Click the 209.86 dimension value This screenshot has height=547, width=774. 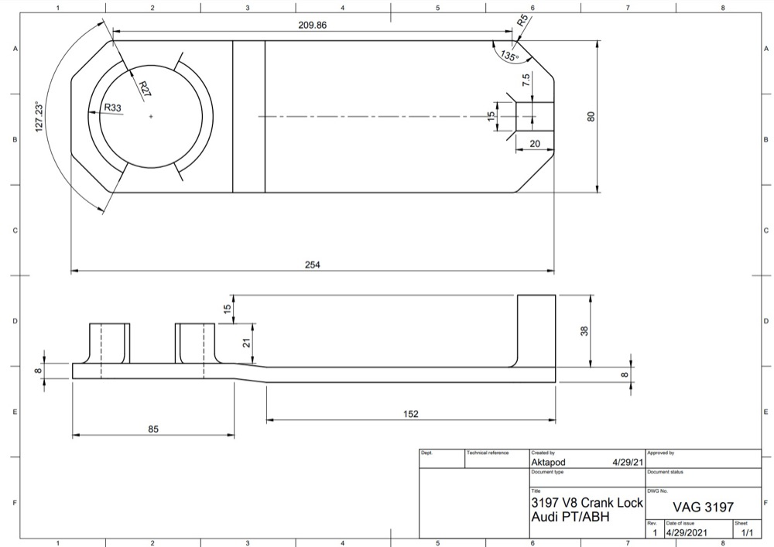313,25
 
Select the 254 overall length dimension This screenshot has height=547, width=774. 313,265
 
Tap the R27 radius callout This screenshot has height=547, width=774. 144,89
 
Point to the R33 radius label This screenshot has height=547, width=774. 112,108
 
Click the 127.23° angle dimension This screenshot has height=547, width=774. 40,117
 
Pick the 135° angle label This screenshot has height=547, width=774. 510,55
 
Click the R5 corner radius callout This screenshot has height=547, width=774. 522,20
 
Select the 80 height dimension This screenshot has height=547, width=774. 591,117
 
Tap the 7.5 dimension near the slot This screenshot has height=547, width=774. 526,80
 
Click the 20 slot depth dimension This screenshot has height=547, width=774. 535,144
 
